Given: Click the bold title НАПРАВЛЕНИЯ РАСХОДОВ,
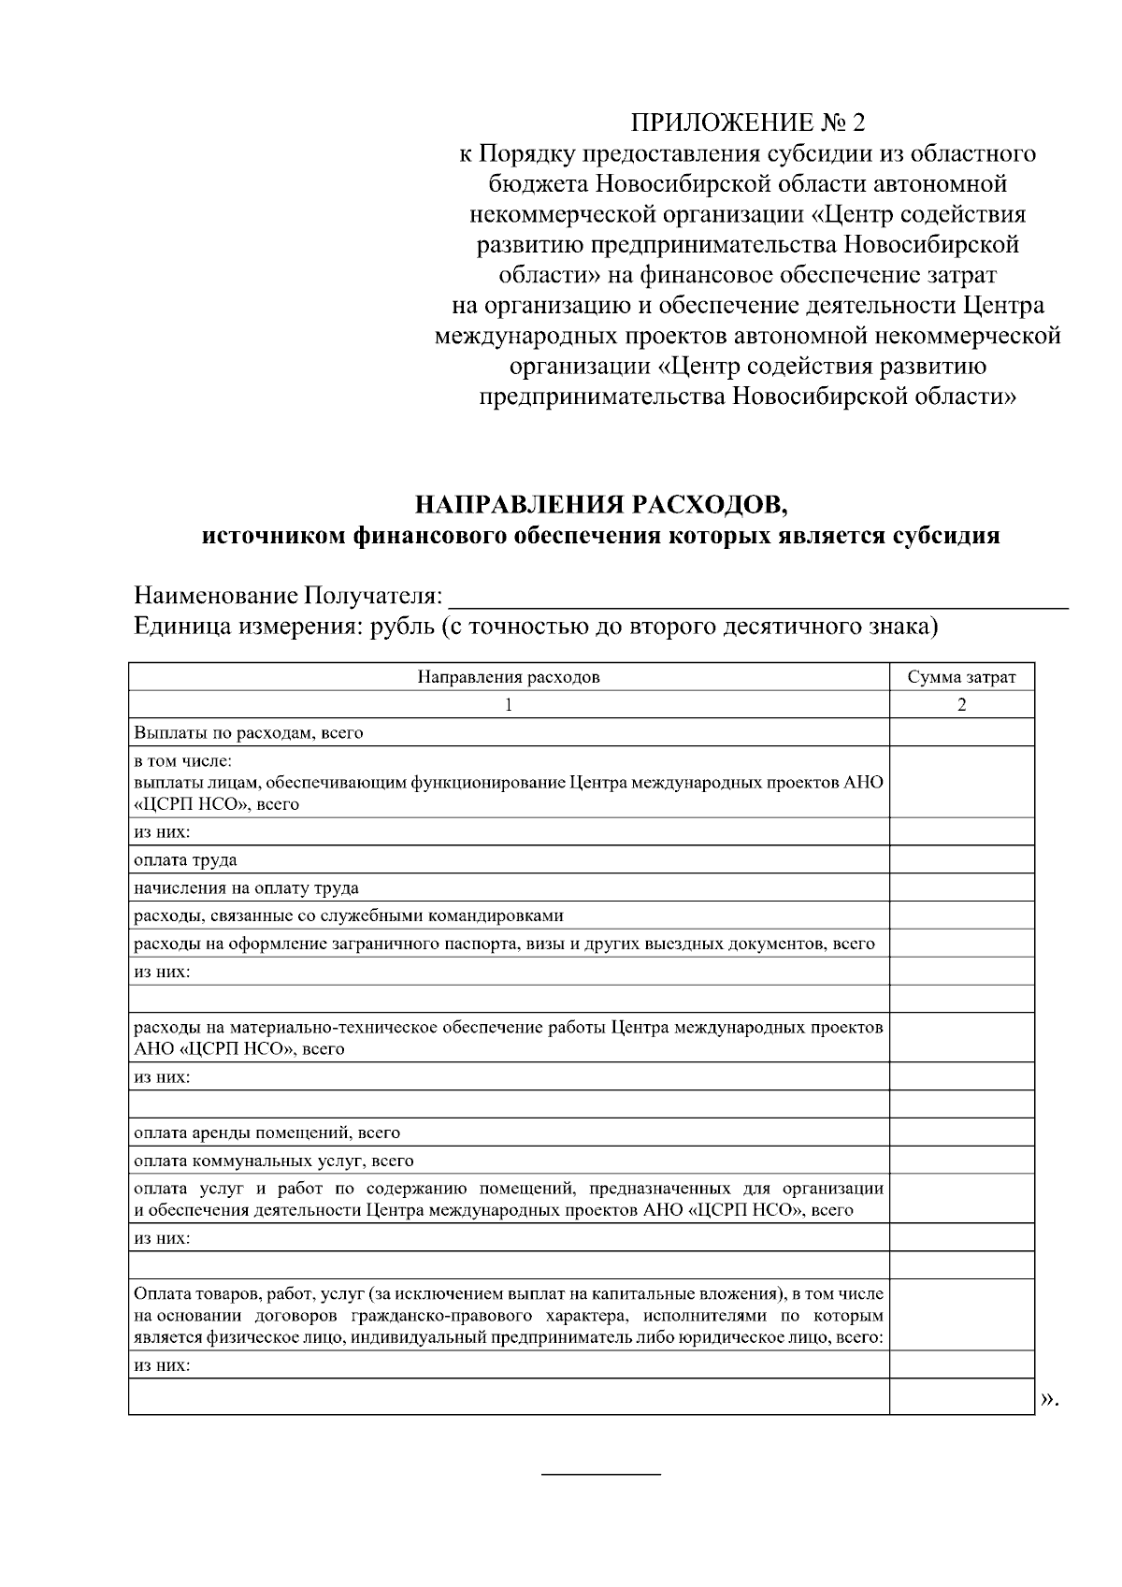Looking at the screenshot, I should pos(602,506).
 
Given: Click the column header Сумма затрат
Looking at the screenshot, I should pos(961,677).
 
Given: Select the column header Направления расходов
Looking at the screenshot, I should pos(508,677).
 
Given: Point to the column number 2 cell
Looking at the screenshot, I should pos(961,704).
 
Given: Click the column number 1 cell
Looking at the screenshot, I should pos(508,704).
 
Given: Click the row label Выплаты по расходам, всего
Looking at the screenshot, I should pos(248,732).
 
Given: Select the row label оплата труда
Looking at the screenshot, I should pos(185,859).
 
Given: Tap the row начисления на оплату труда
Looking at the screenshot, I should pos(246,887).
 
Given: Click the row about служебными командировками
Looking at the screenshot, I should pos(348,916).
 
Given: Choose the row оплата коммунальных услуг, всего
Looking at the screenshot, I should pos(273,1161).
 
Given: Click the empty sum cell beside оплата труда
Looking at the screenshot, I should pos(961,859).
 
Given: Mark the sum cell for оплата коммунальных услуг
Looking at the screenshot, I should pos(961,1161).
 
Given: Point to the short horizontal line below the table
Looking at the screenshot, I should pos(601,1475).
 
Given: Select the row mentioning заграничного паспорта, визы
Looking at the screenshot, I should pos(504,944).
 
